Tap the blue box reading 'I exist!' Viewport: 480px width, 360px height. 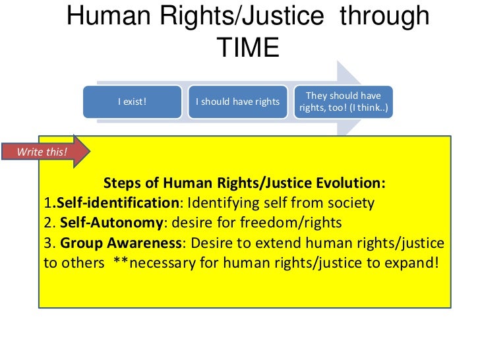132,102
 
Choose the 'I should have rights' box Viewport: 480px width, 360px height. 237,102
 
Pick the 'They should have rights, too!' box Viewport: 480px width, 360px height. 345,102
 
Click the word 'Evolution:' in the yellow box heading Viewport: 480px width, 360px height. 353,182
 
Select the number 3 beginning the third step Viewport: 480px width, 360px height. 47,242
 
